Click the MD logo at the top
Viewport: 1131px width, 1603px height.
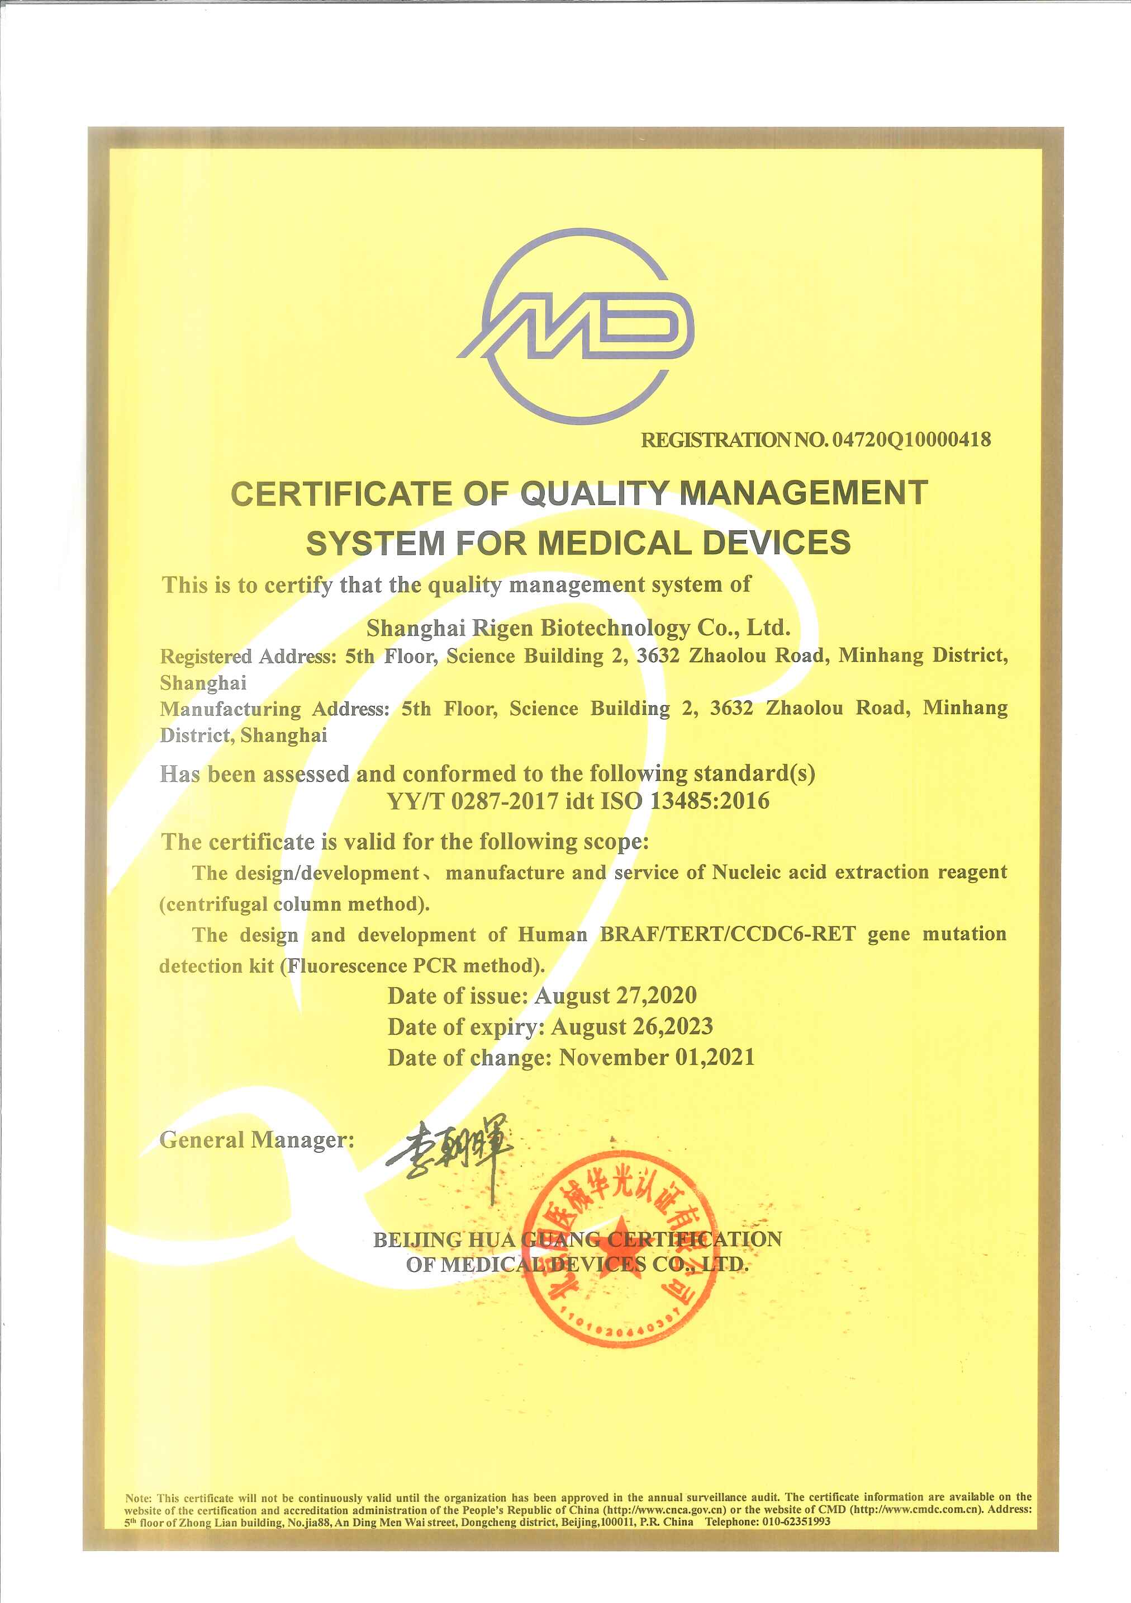click(x=576, y=327)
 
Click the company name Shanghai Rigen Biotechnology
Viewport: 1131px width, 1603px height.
click(x=528, y=628)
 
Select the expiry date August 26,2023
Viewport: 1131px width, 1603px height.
click(x=631, y=1027)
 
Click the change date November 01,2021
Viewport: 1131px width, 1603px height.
click(x=657, y=1058)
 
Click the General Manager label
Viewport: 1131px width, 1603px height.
click(x=256, y=1140)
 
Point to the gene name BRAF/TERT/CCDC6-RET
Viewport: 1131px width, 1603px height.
click(x=728, y=935)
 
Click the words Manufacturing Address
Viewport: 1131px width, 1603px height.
click(x=274, y=709)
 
